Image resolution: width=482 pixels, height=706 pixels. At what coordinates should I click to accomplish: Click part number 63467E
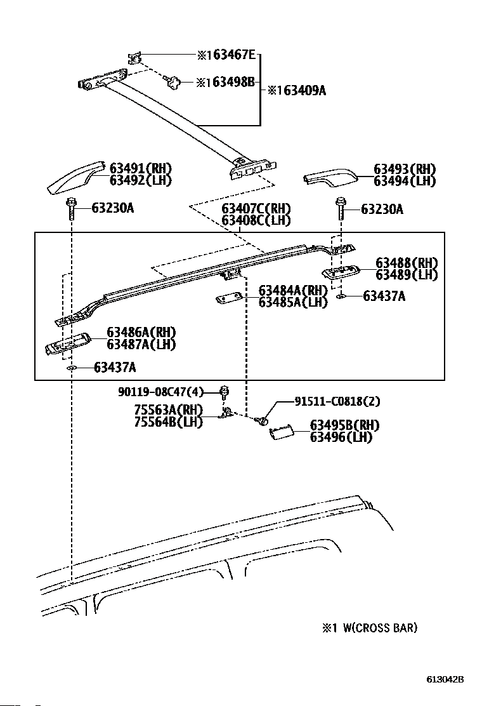(234, 55)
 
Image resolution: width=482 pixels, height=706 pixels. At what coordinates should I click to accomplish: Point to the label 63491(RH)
(141, 168)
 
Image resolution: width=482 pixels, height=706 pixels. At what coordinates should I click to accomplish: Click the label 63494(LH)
(405, 181)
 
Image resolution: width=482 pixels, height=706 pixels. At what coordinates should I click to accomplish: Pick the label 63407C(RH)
(256, 208)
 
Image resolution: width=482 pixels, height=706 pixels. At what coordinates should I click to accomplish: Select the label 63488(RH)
(407, 262)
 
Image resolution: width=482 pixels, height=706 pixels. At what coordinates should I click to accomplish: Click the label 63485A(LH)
(293, 302)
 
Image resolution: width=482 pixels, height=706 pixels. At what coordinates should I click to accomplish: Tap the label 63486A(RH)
(141, 332)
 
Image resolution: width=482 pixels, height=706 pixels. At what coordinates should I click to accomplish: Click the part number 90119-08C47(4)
(161, 392)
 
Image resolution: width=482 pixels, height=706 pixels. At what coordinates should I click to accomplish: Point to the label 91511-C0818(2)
(337, 401)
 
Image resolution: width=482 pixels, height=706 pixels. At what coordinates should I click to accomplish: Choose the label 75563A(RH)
(168, 410)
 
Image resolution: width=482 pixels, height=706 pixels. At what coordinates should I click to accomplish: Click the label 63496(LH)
(341, 437)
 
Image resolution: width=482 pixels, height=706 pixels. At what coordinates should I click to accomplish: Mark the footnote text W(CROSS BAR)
(380, 628)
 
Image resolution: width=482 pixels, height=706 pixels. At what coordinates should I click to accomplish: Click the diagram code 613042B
(445, 679)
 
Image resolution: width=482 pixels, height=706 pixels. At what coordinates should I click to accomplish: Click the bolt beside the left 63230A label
(70, 209)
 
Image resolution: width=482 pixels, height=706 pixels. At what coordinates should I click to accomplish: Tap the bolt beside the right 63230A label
(341, 208)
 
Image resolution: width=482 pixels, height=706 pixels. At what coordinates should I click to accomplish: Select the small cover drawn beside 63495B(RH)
(282, 433)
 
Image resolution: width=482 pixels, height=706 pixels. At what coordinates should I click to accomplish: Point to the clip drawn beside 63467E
(134, 58)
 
